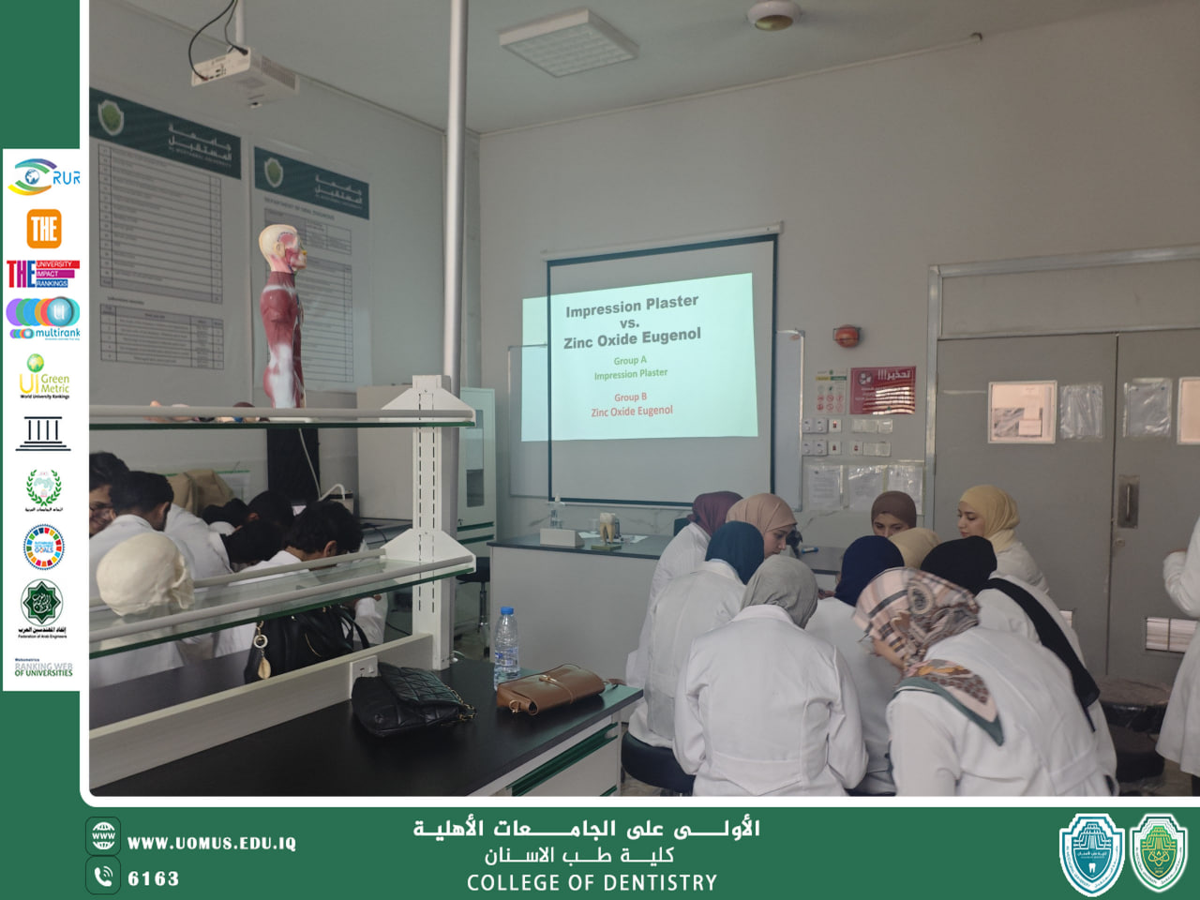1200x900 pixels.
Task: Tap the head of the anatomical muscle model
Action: [x=281, y=248]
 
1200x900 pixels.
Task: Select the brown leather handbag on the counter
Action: [x=551, y=689]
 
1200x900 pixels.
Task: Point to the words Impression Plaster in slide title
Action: [x=632, y=306]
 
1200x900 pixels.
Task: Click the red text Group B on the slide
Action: [x=630, y=397]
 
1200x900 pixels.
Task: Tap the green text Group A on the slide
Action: [x=630, y=360]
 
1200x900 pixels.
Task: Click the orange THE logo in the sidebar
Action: [x=43, y=228]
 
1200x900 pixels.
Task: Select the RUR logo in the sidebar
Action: [x=44, y=176]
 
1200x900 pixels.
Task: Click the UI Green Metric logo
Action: [x=44, y=377]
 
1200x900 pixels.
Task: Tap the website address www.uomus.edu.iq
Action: [x=211, y=843]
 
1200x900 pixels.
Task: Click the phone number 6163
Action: [x=153, y=878]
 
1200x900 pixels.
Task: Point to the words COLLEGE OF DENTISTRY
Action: [x=592, y=882]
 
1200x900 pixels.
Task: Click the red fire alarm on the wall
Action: [x=847, y=336]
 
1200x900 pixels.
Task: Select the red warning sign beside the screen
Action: [x=883, y=389]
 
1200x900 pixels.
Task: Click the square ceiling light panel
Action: [x=567, y=43]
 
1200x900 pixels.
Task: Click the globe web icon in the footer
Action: [x=103, y=835]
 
